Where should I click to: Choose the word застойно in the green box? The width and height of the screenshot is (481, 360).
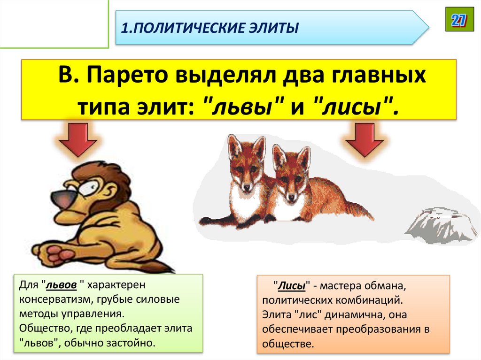pos(131,342)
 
